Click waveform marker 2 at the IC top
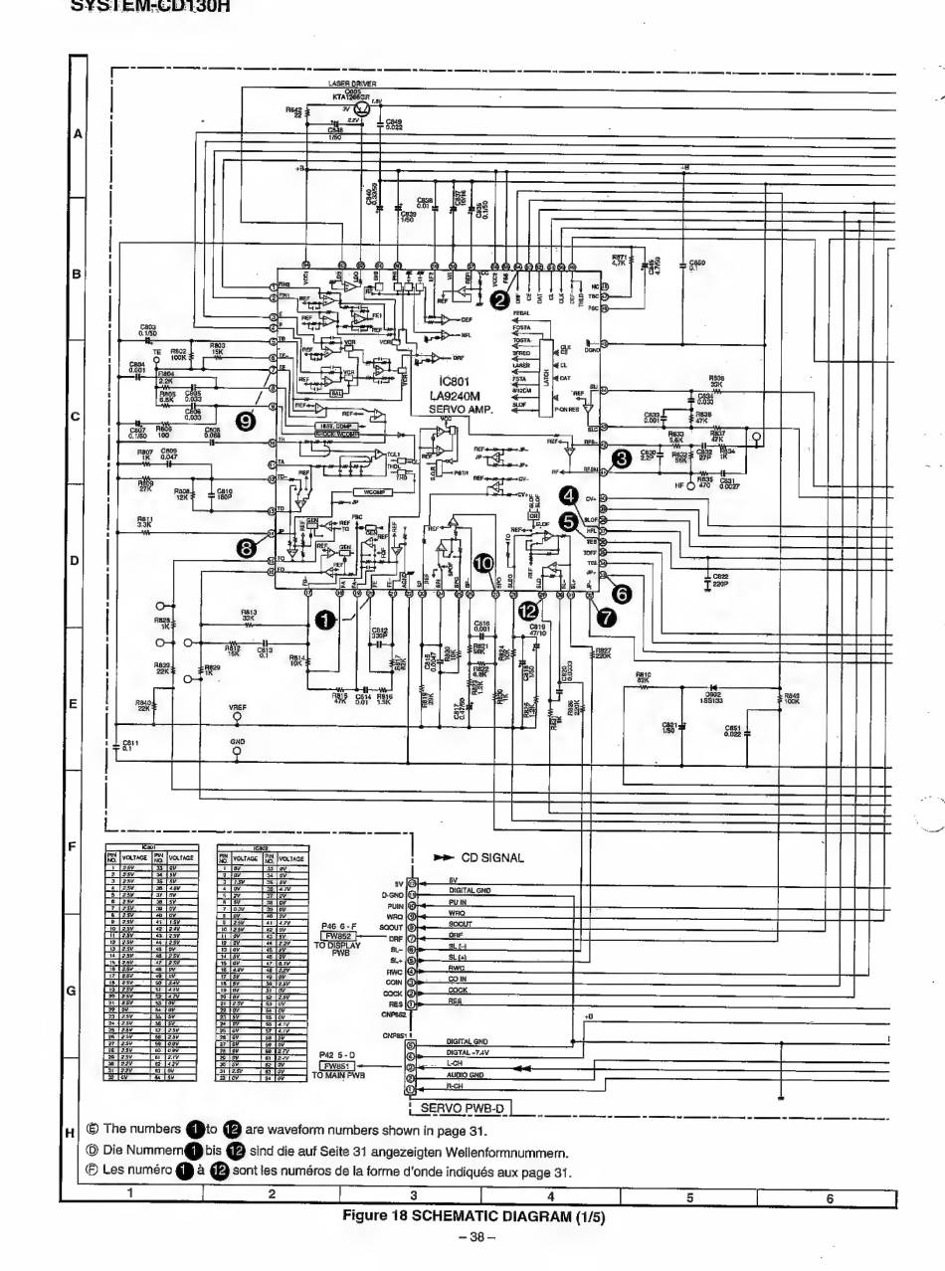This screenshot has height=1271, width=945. point(500,297)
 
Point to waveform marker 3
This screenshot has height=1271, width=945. point(623,458)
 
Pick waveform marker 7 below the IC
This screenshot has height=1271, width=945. point(605,617)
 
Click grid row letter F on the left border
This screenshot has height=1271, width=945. point(72,846)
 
